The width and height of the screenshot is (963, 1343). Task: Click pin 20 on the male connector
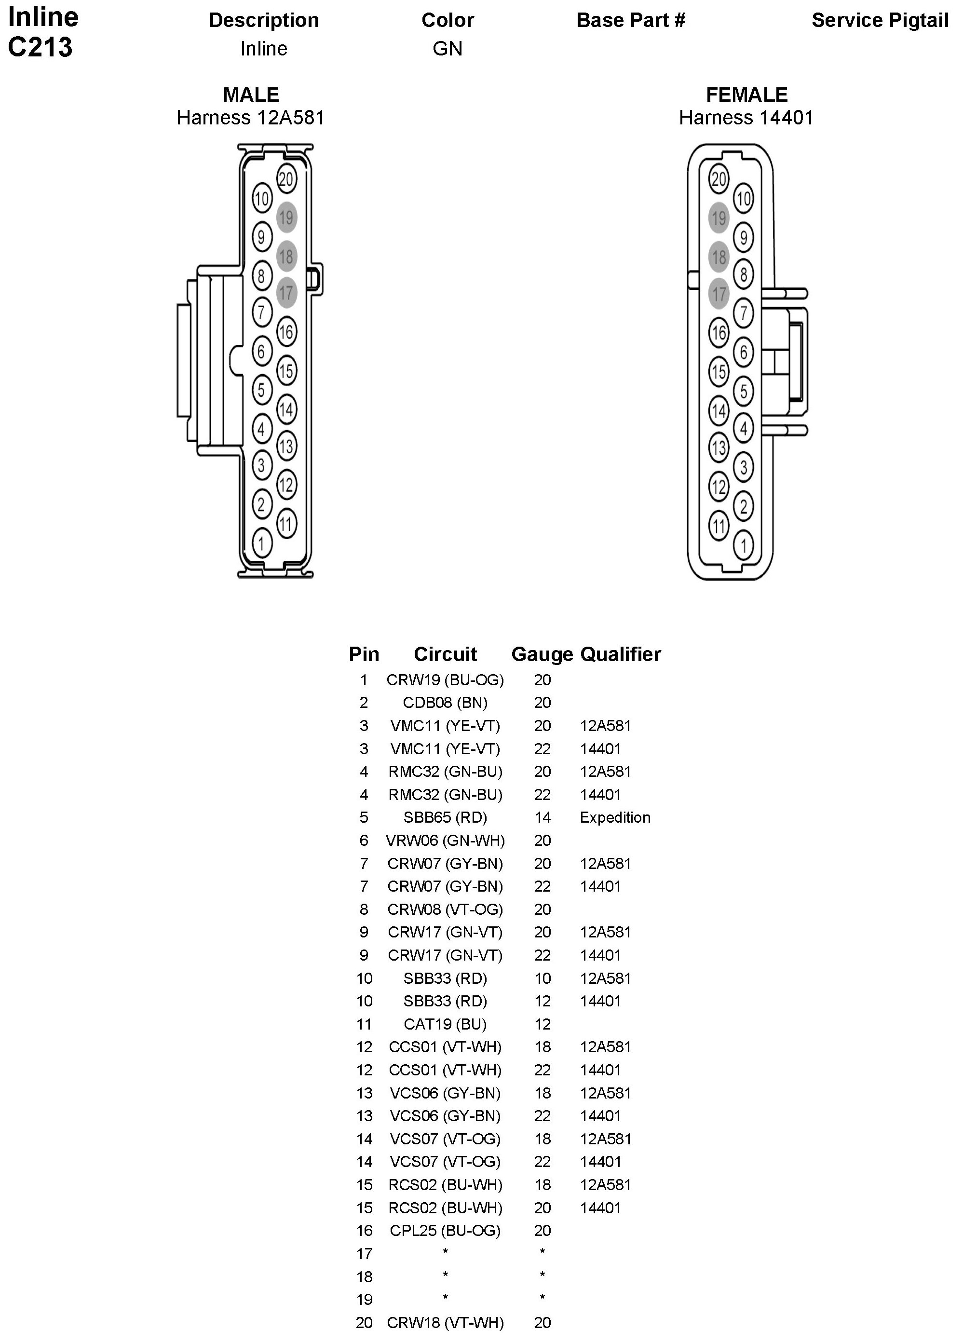point(286,179)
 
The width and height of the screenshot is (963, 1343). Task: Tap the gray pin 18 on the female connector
point(719,257)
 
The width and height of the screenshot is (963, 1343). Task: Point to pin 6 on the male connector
point(261,351)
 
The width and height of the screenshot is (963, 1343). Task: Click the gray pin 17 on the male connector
point(286,293)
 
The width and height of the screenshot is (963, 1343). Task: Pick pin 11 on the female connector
point(719,525)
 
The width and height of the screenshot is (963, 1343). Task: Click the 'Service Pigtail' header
point(880,20)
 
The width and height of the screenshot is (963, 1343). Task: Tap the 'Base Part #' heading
point(631,20)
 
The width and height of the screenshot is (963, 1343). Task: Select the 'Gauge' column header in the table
point(542,654)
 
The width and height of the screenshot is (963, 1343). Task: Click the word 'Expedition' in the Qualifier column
point(615,817)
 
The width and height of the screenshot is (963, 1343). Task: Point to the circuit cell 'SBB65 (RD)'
point(445,817)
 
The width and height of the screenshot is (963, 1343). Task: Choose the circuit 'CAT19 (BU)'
point(445,1024)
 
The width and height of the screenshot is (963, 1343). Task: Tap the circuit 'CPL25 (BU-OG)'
point(445,1231)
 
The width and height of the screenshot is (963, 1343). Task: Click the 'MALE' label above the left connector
point(251,95)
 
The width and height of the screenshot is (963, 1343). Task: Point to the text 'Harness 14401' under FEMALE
point(746,118)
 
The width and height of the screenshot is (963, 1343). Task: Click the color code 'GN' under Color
point(447,49)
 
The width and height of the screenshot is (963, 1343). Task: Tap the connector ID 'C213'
point(41,47)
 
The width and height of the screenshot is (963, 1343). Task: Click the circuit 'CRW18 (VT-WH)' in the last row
point(445,1322)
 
